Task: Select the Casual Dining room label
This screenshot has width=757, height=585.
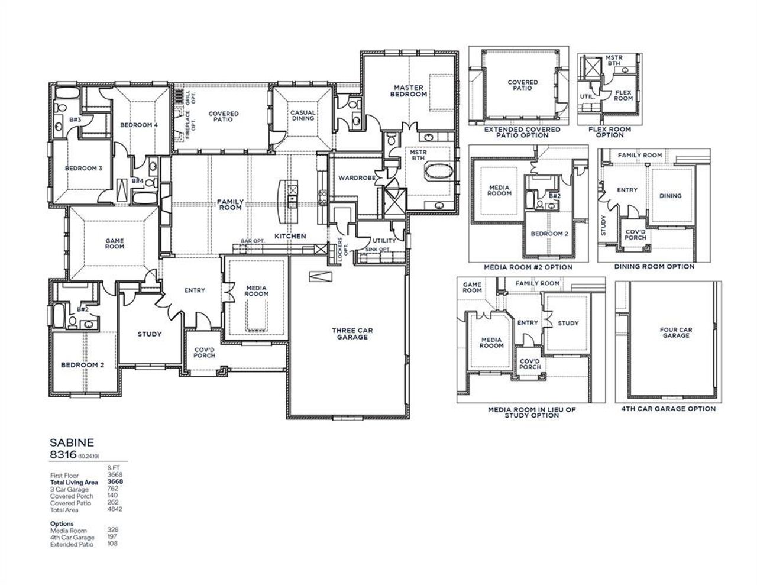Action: [x=302, y=115]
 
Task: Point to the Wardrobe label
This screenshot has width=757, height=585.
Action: [x=354, y=178]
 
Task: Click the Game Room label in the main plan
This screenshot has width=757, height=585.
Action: [x=114, y=243]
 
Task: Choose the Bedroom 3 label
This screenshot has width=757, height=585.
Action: [x=83, y=169]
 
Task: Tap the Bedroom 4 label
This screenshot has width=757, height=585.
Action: [x=139, y=125]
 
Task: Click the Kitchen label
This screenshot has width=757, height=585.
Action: [x=290, y=236]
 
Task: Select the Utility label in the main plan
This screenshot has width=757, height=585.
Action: [x=384, y=241]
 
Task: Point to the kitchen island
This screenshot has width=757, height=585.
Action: [x=291, y=199]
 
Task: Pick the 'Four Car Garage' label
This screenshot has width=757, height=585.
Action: [x=675, y=332]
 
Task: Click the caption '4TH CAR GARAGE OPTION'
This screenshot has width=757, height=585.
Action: [x=668, y=409]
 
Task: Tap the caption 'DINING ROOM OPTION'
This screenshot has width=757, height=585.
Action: [x=654, y=267]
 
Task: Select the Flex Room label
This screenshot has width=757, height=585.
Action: [x=623, y=95]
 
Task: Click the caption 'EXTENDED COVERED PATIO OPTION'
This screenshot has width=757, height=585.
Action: [x=522, y=132]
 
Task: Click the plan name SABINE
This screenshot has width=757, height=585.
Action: [x=71, y=442]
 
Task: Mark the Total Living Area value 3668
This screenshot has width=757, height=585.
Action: [x=115, y=482]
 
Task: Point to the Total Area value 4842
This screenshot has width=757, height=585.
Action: [x=115, y=509]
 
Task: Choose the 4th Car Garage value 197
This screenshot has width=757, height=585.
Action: [x=112, y=538]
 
